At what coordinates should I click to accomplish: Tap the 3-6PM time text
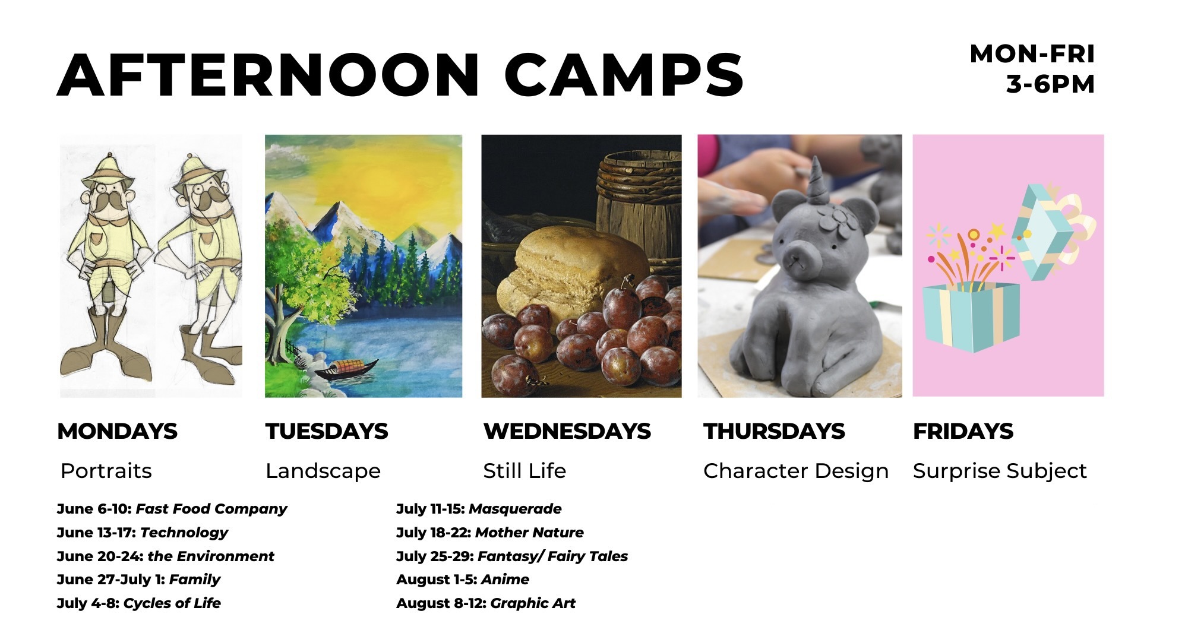[x=1050, y=84]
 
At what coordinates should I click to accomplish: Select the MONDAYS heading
[x=117, y=431]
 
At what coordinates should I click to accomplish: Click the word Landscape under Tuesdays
[x=323, y=471]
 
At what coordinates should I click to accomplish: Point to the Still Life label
[x=525, y=471]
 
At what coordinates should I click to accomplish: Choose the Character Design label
[x=796, y=471]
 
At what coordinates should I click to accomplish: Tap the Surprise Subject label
[x=1000, y=471]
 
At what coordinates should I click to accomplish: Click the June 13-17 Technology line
[x=143, y=533]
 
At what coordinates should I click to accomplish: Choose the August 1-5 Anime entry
[x=463, y=580]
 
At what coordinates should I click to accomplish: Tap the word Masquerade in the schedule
[x=515, y=509]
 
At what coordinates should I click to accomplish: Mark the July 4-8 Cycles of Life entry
[x=139, y=603]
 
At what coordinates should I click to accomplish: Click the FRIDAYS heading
[x=963, y=431]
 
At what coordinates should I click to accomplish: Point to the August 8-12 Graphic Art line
[x=486, y=603]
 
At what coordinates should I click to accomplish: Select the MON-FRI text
[x=1032, y=54]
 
